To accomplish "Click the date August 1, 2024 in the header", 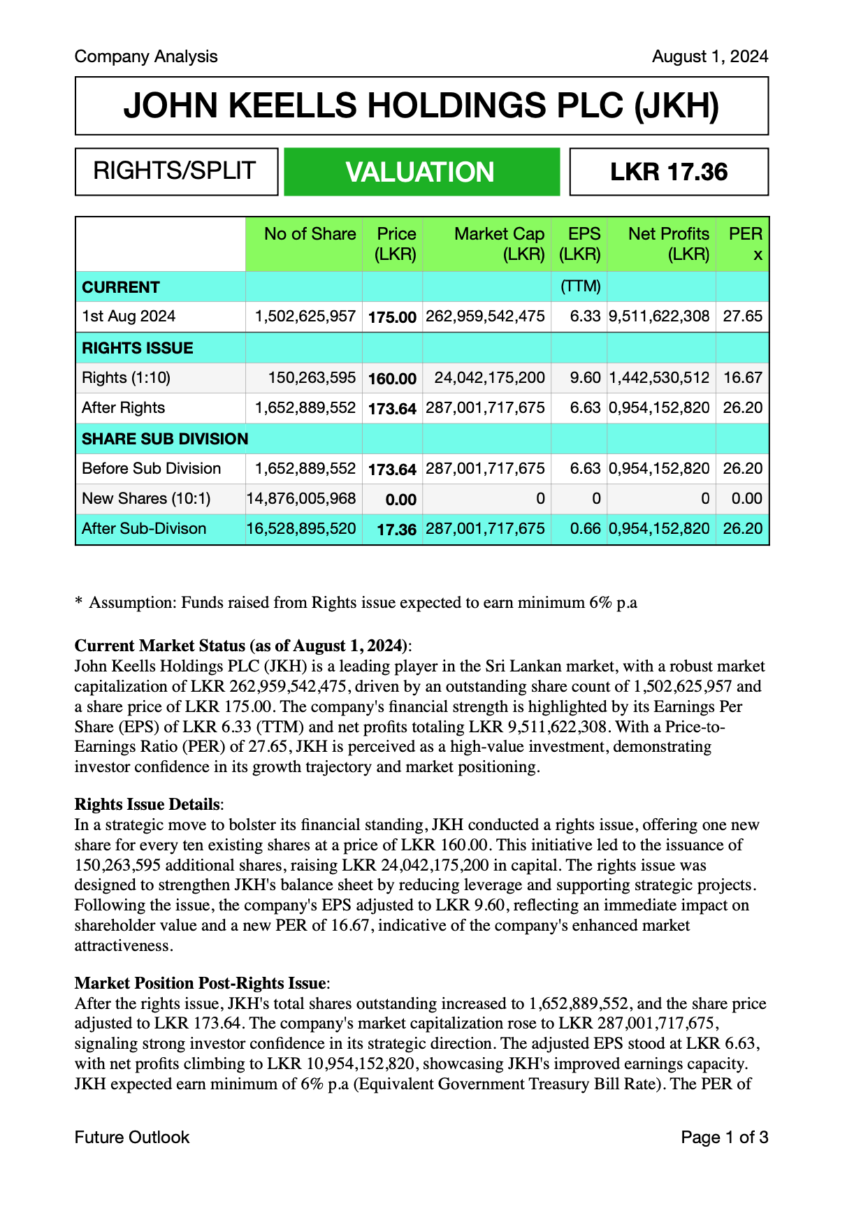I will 709,57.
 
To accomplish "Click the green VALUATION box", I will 421,172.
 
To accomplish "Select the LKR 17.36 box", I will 669,172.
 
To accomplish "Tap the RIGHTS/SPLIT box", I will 175,171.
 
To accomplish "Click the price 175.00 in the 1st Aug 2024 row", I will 392,317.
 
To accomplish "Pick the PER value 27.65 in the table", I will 742,317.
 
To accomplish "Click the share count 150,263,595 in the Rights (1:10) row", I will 312,378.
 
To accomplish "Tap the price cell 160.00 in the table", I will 392,379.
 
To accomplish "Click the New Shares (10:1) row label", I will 146,499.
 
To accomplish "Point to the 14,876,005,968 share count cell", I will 301,499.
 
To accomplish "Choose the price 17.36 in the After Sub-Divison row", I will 396,530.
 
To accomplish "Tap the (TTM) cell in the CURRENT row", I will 580,286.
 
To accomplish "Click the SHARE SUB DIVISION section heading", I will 165,439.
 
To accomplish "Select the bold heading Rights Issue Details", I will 147,805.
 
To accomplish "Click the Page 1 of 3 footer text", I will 724,1138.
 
